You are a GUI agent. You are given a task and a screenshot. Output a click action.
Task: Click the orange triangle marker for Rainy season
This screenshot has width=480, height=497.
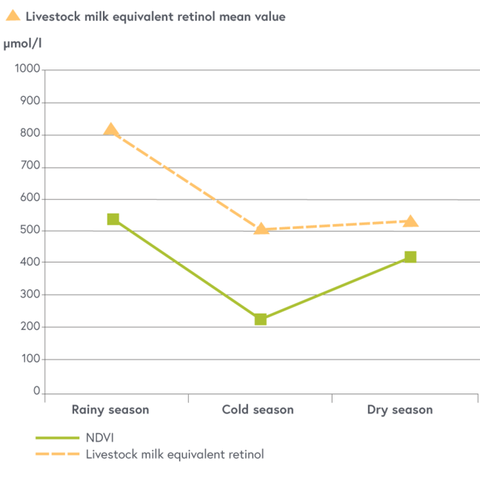(111, 130)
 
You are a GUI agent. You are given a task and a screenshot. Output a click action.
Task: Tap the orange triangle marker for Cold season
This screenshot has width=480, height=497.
(261, 228)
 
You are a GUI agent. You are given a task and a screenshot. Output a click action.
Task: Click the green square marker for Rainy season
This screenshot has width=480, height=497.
(113, 219)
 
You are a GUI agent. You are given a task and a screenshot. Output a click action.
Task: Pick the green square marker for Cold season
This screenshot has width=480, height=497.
(261, 319)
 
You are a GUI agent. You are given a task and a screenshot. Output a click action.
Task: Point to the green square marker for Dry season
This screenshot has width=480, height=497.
(410, 257)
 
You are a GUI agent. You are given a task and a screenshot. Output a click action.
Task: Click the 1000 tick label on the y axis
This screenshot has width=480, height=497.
(27, 70)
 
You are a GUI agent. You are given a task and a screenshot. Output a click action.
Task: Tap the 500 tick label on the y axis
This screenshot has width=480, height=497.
(30, 231)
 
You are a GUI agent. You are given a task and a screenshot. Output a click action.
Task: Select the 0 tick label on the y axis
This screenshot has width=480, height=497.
(36, 391)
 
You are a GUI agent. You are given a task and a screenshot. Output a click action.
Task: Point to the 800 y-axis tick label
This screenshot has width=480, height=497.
(30, 135)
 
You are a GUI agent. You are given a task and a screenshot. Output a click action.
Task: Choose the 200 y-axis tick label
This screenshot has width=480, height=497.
(30, 327)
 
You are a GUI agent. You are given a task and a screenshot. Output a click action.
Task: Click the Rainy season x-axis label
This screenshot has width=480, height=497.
(110, 410)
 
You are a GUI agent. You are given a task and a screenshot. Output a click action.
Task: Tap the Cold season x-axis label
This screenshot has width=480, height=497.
(258, 410)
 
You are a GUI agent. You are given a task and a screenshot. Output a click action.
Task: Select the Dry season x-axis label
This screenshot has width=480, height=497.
(400, 410)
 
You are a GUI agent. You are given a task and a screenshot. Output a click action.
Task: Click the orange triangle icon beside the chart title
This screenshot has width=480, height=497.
(13, 15)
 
